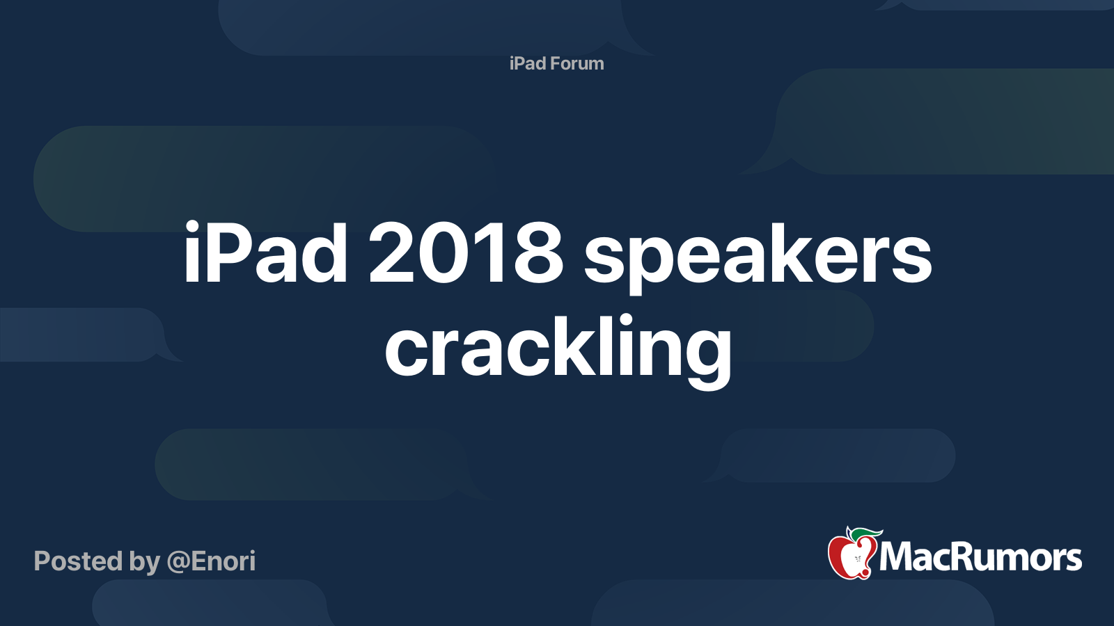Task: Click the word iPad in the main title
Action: (x=265, y=254)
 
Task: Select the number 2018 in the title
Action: (x=465, y=254)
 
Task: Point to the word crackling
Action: (x=558, y=348)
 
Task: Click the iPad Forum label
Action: (x=556, y=63)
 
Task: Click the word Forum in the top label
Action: (x=576, y=63)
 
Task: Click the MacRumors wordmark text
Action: (x=980, y=558)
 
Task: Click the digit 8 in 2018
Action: (x=535, y=254)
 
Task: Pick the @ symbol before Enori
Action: (x=178, y=562)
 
